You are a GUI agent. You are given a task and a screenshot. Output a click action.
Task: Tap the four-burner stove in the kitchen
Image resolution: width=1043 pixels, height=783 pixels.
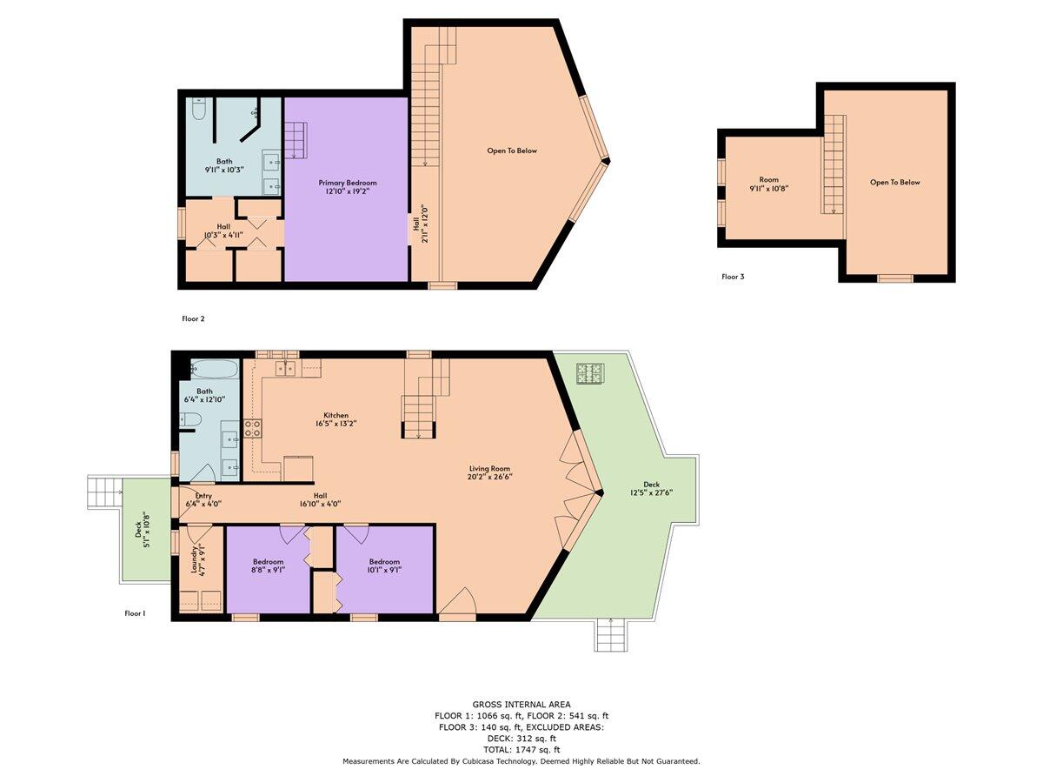(x=252, y=428)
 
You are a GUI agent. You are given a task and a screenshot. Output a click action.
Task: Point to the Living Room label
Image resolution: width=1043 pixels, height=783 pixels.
(x=488, y=472)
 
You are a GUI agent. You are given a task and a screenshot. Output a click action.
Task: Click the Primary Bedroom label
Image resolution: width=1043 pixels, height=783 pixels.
(x=348, y=187)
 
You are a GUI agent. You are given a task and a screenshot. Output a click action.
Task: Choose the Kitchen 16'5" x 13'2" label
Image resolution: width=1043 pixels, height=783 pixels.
(x=335, y=419)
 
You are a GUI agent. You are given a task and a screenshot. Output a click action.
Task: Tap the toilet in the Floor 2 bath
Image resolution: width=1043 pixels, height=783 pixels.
(x=198, y=110)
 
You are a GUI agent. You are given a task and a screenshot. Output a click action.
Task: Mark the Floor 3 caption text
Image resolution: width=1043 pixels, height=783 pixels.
(x=733, y=277)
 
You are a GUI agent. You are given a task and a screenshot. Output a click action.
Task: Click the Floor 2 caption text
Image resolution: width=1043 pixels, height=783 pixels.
(x=193, y=318)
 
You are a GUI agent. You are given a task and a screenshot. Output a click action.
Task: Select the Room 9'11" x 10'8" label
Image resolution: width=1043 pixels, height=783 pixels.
(x=768, y=184)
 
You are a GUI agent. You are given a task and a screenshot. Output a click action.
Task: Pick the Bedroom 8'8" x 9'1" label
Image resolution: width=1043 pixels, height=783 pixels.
(x=269, y=565)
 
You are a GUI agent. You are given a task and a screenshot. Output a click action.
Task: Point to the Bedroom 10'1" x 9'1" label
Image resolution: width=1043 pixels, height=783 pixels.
(x=384, y=565)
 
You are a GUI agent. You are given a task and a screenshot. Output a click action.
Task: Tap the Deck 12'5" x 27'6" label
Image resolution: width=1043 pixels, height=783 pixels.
(x=651, y=488)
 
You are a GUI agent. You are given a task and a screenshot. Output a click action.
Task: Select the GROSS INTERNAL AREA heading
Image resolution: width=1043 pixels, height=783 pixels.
(x=521, y=704)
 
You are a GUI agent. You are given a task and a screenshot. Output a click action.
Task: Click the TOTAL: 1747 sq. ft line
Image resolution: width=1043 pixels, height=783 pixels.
(x=521, y=749)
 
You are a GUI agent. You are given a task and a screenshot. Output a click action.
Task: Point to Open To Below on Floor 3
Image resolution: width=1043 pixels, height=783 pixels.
(x=894, y=183)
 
